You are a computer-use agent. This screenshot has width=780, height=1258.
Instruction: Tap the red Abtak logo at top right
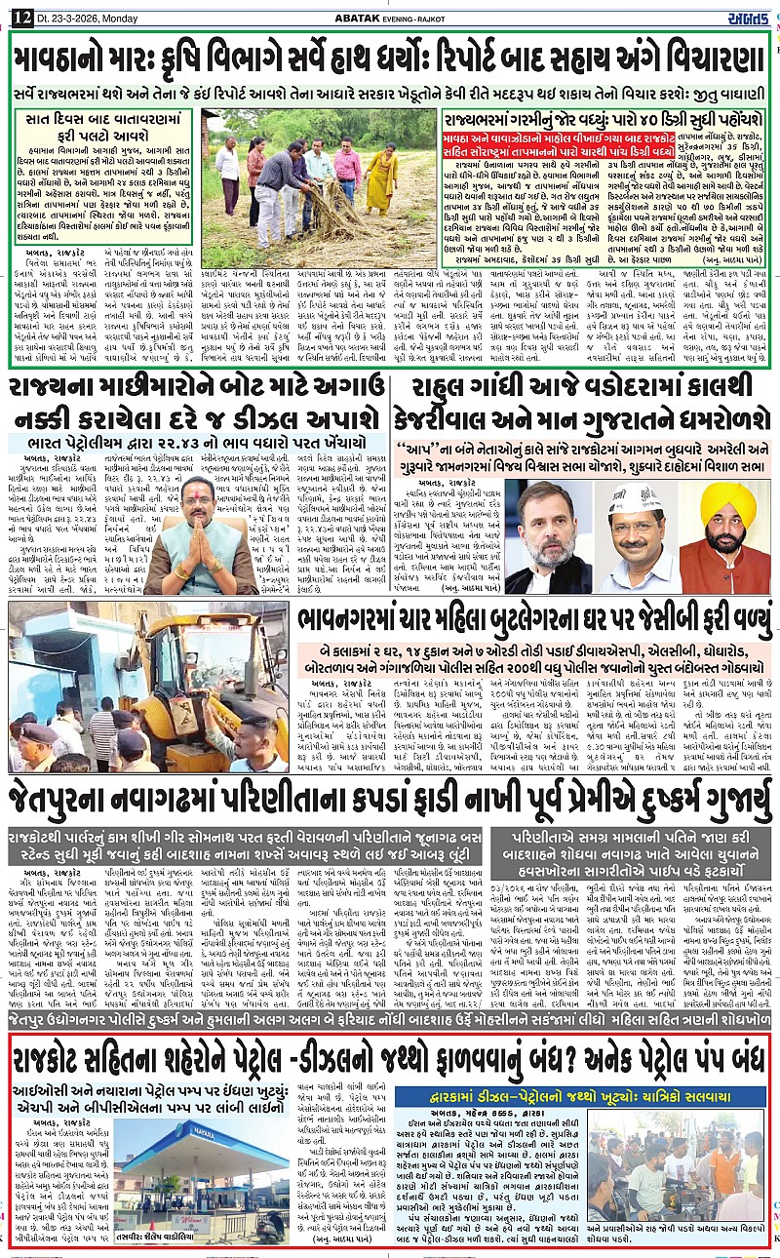pos(751,12)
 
